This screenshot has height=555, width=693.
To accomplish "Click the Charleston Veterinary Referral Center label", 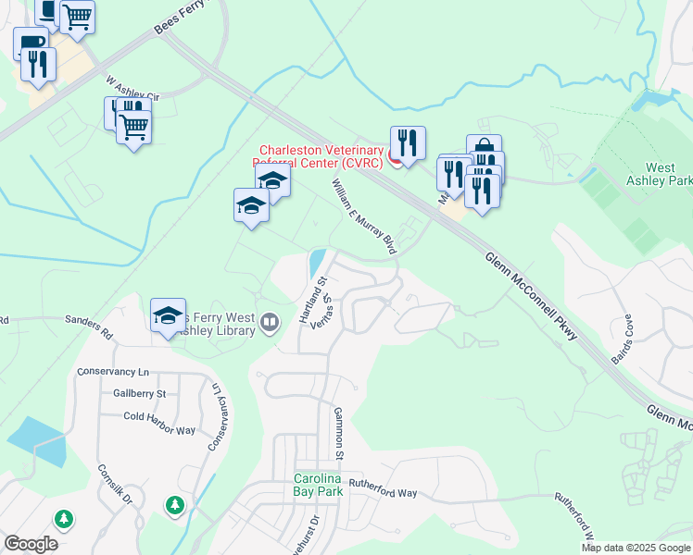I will (321, 156).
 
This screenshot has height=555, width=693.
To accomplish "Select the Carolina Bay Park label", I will (319, 485).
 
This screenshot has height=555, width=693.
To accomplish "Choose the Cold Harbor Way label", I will (159, 417).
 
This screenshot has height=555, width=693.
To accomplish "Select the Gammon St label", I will (339, 434).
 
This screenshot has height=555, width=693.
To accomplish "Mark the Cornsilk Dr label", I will (116, 484).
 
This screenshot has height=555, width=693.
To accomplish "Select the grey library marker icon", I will (270, 322).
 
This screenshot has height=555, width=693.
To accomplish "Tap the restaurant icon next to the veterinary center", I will (408, 143).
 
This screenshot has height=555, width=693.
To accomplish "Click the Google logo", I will (31, 544).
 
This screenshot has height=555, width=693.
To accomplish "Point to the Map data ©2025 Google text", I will (636, 548).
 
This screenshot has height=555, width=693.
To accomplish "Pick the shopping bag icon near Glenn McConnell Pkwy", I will (484, 148).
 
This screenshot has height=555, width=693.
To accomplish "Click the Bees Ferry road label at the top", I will (178, 18).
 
